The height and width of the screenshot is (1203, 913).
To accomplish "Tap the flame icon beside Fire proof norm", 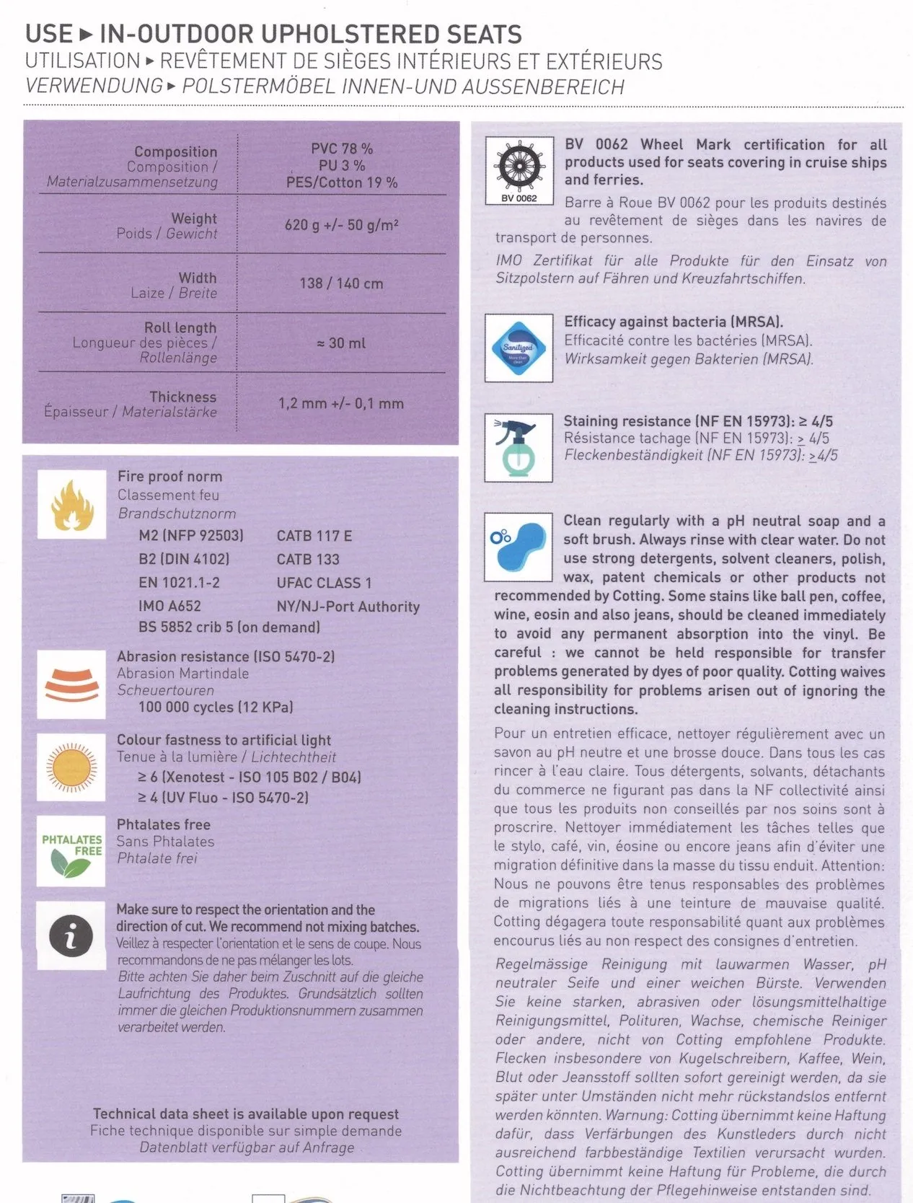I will [71, 504].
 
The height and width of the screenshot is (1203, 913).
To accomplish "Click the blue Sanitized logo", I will [518, 348].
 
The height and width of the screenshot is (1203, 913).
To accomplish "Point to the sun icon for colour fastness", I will [71, 767].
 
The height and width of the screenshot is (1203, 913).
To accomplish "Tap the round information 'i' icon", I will [71, 935].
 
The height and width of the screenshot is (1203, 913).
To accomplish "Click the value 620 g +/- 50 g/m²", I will [341, 225].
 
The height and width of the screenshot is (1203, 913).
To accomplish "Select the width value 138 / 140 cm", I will [341, 283].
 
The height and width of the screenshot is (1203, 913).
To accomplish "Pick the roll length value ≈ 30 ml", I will [341, 343].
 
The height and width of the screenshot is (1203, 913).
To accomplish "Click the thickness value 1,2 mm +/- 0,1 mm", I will [341, 403].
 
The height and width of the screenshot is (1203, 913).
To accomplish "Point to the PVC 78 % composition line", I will [342, 149].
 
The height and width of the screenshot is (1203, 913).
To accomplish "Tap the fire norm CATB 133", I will [308, 559].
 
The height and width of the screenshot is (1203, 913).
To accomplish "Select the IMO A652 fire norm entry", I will [169, 606].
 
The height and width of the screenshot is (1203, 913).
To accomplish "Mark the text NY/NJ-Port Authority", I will [348, 607].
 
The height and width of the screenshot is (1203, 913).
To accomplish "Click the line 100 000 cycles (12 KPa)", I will [216, 707].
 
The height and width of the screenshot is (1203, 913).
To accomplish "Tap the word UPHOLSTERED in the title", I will [350, 34].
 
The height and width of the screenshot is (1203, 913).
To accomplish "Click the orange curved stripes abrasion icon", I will [71, 684].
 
